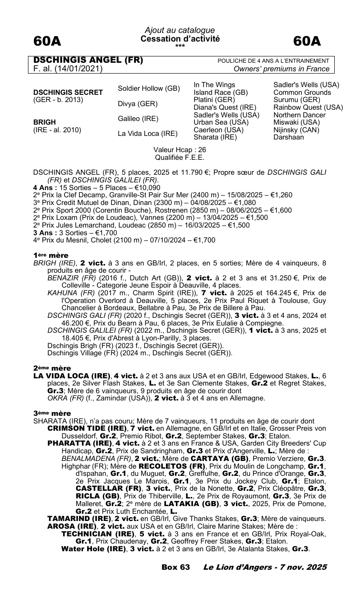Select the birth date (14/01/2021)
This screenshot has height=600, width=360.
point(79,69)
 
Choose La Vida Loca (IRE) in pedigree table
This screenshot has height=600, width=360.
point(148,134)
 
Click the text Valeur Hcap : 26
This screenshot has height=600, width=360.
point(180,149)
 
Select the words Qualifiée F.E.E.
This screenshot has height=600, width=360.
point(180,157)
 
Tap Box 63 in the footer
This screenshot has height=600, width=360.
point(175,567)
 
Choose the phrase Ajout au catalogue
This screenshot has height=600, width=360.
point(180,30)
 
